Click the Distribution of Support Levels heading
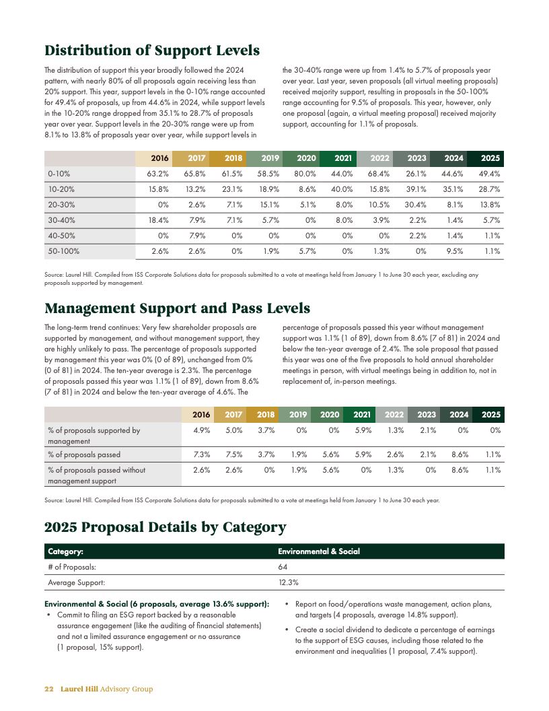pos(151,50)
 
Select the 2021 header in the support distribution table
pos(343,158)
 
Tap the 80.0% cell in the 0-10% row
pos(306,174)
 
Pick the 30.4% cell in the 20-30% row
pos(416,205)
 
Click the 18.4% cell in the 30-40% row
pos(158,220)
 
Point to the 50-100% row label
pos(64,251)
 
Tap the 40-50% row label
pos(61,236)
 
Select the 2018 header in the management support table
pos(266,415)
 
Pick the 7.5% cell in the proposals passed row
pos(233,454)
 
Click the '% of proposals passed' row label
pos(84,454)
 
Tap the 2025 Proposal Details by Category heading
pos(165,527)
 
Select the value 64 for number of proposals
pos(283,567)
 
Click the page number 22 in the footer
pos(48,689)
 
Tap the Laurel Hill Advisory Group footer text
pos(106,689)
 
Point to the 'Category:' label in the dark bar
pos(65,551)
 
